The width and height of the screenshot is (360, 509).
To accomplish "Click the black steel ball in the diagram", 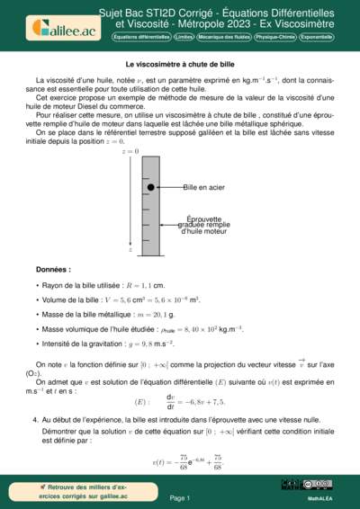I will (x=150, y=187).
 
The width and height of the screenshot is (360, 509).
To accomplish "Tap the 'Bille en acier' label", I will (x=203, y=187).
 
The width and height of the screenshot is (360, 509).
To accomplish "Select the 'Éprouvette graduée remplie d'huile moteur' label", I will (x=206, y=225).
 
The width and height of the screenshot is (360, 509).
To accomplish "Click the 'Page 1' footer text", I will (x=180, y=497).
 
